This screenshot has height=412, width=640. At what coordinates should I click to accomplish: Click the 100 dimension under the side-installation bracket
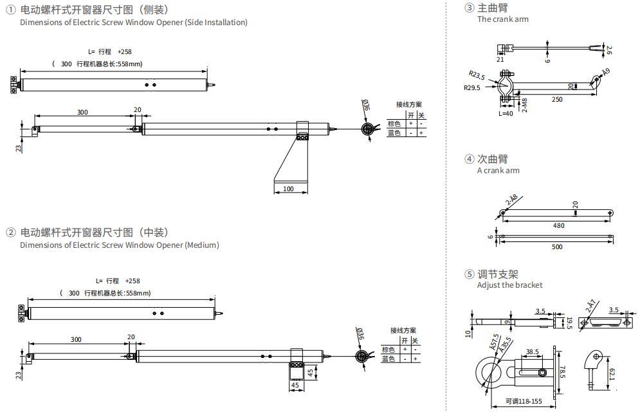[x=288, y=189]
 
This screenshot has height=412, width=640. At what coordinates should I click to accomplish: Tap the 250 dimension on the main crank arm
[x=556, y=99]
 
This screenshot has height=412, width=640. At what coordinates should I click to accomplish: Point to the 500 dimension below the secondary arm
[x=557, y=247]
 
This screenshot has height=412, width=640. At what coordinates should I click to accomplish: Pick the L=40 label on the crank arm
[x=507, y=113]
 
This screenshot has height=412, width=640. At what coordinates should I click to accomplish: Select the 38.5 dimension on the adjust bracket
[x=532, y=352]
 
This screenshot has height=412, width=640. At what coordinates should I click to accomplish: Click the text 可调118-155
[x=524, y=401]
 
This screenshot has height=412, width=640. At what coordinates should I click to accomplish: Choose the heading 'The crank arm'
[x=502, y=19]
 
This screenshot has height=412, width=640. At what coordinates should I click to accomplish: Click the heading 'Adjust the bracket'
[x=509, y=285]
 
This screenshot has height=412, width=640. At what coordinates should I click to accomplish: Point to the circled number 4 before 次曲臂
[x=469, y=159]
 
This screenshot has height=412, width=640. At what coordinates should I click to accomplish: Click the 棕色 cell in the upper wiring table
[x=394, y=124]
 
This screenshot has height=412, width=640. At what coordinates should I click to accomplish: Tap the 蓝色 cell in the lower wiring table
[x=389, y=359]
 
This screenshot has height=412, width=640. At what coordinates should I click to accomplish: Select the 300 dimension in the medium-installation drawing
[x=76, y=339]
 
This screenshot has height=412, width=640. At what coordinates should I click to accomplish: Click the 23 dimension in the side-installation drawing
[x=19, y=147]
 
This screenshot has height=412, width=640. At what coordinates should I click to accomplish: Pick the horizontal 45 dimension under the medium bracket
[x=295, y=386]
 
